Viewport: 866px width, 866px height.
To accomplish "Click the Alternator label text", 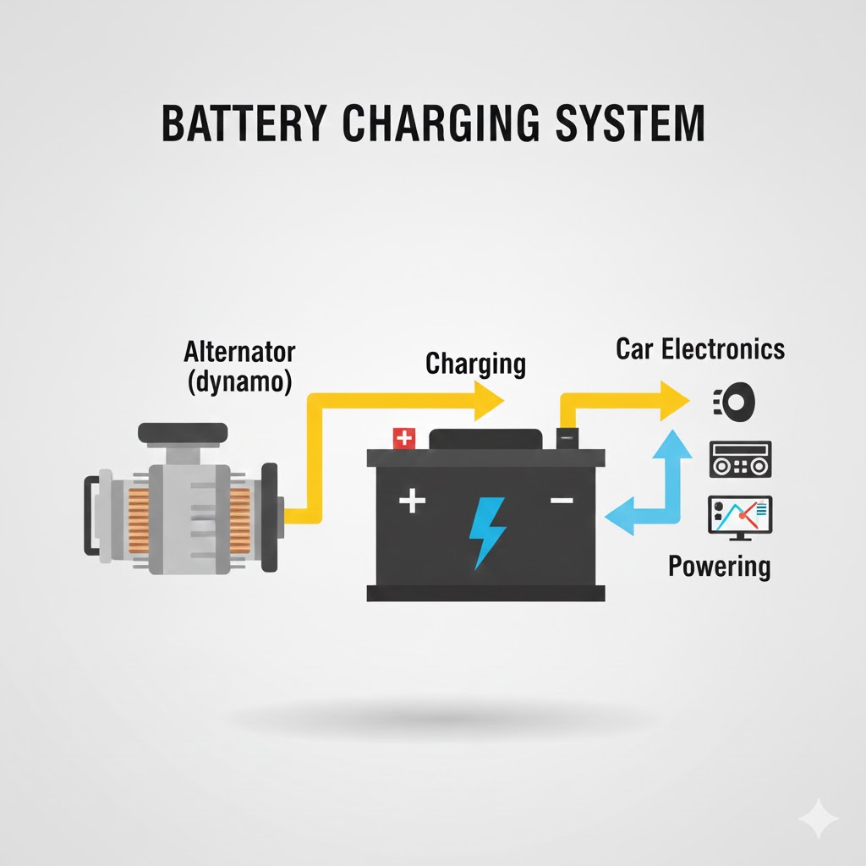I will point(239,352).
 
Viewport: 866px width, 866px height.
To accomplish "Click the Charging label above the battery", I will point(475,364).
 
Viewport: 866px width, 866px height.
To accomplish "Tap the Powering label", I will point(719,565).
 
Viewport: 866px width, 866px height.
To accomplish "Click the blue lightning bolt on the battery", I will point(487,531).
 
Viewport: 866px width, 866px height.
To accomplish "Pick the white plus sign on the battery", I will point(412,501).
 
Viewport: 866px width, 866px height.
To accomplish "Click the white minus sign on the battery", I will point(561,501).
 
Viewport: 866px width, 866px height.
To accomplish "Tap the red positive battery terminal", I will point(405,438).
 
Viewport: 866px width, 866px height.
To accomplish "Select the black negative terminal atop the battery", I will point(567,438).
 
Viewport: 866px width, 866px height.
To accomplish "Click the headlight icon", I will point(733,400).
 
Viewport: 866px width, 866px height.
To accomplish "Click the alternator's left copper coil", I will point(139,516).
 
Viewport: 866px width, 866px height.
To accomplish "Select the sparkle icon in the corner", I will point(818,819).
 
